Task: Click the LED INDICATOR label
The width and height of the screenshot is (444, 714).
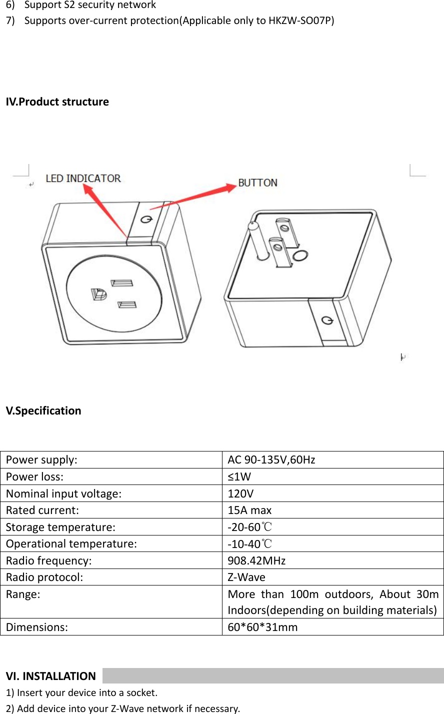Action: pos(83,178)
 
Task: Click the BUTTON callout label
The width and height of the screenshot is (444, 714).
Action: pos(257,182)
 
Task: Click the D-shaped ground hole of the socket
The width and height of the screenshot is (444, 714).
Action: pos(98,294)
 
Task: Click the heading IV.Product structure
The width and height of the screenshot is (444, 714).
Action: pos(57,101)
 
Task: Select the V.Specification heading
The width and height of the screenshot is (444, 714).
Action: pos(43,410)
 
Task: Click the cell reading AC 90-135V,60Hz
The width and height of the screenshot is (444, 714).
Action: pos(271,459)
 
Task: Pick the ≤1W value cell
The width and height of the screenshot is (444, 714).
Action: pos(239,476)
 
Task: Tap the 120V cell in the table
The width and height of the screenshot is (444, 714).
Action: pos(240,493)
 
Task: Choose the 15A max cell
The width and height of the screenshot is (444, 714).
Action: pos(249,510)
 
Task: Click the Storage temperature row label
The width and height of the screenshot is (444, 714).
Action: pos(60,527)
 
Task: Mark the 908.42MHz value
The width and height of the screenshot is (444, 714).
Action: pos(256,560)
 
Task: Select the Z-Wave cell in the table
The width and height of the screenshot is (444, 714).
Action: pos(246,577)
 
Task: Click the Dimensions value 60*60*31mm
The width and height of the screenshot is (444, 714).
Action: pos(262,627)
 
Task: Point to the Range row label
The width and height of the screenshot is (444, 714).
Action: pos(23,594)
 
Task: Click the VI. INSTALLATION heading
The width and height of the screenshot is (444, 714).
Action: pos(50,676)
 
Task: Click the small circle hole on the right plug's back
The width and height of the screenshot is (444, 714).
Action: pos(300,256)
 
